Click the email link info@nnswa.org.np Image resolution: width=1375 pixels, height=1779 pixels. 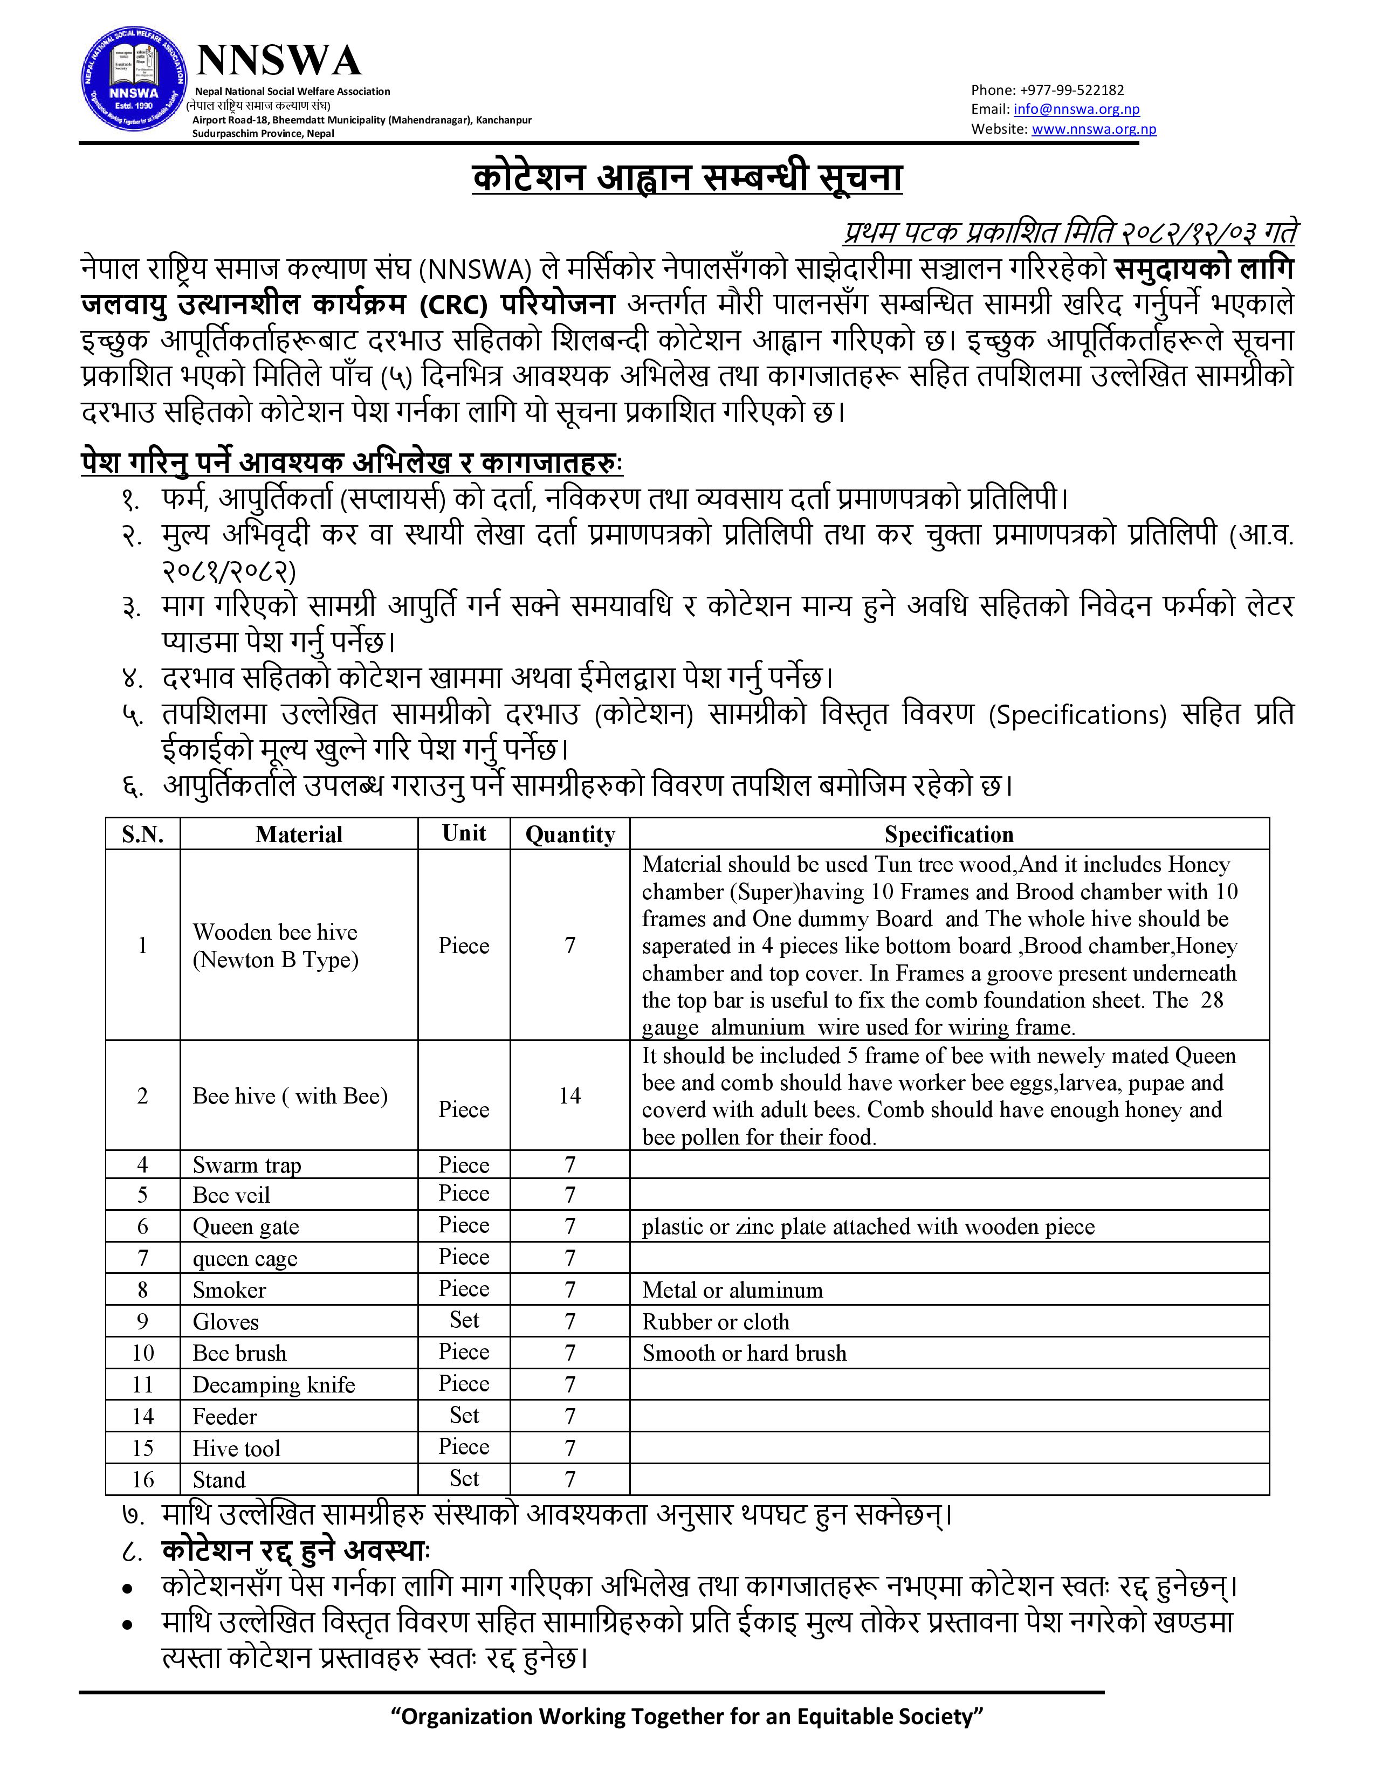[1076, 109]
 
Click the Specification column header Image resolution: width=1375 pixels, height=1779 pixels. [949, 834]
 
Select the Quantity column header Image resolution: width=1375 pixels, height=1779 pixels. [569, 834]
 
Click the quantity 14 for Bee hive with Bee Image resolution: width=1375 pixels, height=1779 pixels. [569, 1095]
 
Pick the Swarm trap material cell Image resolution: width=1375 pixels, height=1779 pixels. [247, 1165]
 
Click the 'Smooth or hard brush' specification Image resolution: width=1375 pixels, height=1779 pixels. [744, 1353]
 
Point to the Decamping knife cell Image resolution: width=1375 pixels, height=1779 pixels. [274, 1385]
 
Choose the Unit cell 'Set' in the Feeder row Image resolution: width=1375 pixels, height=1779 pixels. [464, 1416]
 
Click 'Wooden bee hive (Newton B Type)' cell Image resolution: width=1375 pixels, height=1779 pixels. [276, 946]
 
